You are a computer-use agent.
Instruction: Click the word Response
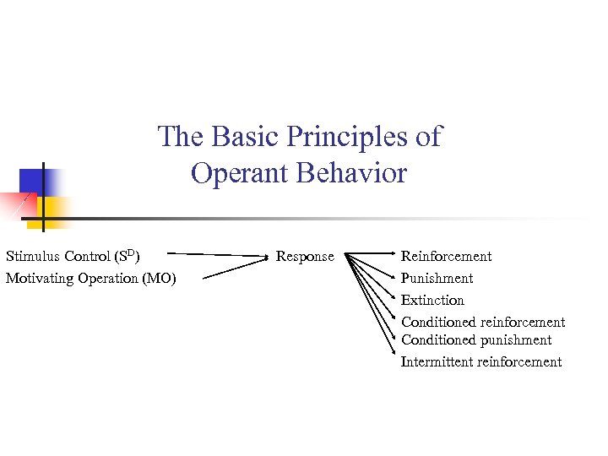point(305,257)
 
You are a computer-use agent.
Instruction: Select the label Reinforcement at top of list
point(446,257)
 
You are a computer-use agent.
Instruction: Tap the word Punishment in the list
point(437,279)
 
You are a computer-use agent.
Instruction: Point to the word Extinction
point(432,301)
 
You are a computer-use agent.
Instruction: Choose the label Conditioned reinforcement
point(483,323)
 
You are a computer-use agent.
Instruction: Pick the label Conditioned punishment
point(476,340)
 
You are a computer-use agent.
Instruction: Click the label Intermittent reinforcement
point(481,362)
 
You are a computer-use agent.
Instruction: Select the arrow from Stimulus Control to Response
point(220,254)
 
